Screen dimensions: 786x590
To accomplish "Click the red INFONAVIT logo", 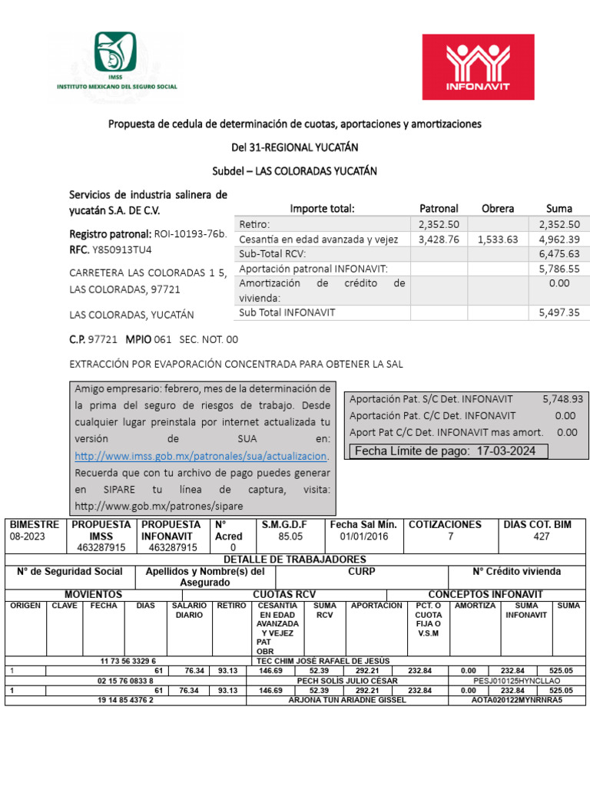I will [x=478, y=68].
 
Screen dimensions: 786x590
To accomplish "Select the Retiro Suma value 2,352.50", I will [x=564, y=224].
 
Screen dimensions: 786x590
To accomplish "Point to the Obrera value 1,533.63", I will [x=497, y=239].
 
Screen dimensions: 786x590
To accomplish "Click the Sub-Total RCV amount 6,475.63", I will [x=564, y=254].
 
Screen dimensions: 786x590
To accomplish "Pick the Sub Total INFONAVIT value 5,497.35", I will [x=564, y=312].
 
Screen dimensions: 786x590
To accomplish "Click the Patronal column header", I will [x=439, y=208].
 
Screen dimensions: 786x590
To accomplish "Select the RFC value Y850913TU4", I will [x=122, y=249].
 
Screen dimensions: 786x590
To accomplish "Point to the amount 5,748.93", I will [x=562, y=399].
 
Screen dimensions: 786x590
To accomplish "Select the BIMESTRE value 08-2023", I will [x=28, y=537].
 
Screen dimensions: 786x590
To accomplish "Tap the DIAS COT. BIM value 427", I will [x=541, y=537].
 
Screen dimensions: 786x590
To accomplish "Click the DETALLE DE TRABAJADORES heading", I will [x=294, y=560].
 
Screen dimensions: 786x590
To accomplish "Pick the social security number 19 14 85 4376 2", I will [x=128, y=700].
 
